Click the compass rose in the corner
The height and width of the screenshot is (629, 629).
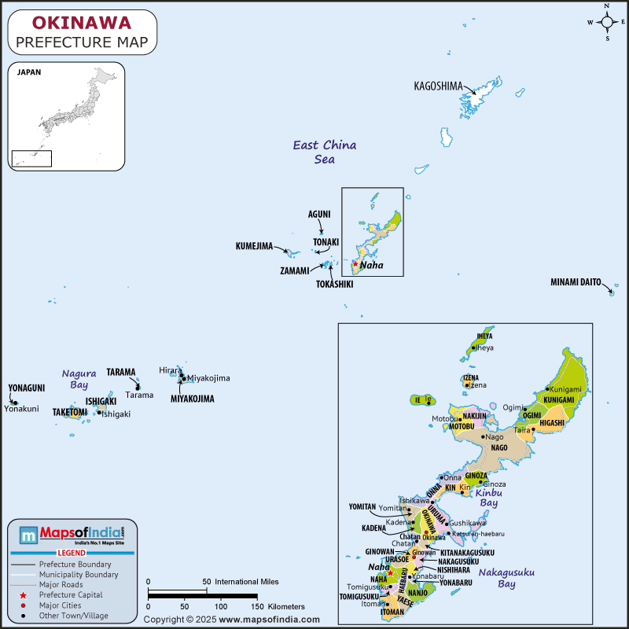click(x=607, y=22)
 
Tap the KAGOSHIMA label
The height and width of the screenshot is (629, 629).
click(x=438, y=86)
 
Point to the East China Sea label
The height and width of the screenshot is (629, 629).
click(x=324, y=152)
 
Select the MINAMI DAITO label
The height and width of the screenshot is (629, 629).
click(x=576, y=281)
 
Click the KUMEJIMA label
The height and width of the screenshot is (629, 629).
click(x=254, y=246)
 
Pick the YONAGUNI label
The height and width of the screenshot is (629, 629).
click(x=26, y=388)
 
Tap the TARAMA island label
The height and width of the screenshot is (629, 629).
click(x=121, y=372)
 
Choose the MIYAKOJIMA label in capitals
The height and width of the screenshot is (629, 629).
click(x=193, y=399)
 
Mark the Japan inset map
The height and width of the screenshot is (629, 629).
click(x=67, y=116)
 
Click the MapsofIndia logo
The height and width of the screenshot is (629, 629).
click(x=72, y=535)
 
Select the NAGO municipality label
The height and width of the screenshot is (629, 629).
click(x=499, y=447)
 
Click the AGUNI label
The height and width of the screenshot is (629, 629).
click(x=319, y=214)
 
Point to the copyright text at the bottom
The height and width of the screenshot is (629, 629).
click(x=236, y=620)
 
